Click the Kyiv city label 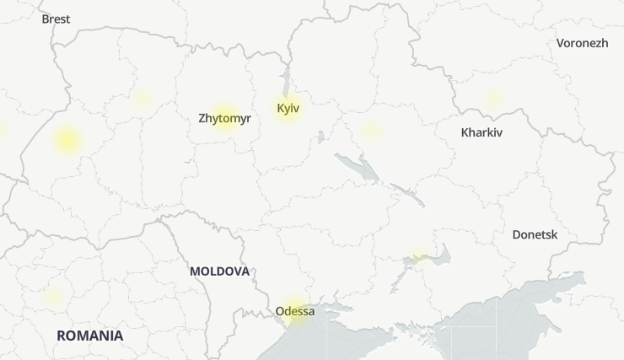click(288, 108)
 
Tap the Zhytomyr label click(224, 118)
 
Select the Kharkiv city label click(481, 132)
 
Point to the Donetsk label click(535, 234)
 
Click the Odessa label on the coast click(294, 311)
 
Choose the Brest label click(56, 19)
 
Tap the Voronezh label click(582, 43)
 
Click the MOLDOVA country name click(219, 271)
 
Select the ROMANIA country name click(89, 336)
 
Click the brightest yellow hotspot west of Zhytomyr click(67, 140)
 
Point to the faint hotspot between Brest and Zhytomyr click(143, 98)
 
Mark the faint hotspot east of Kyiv click(371, 131)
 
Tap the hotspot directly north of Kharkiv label click(492, 99)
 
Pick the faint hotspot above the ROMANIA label click(54, 297)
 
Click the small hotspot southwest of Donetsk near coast click(419, 255)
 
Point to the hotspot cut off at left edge click(2, 128)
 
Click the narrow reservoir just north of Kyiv click(286, 81)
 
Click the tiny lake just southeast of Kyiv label click(320, 135)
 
